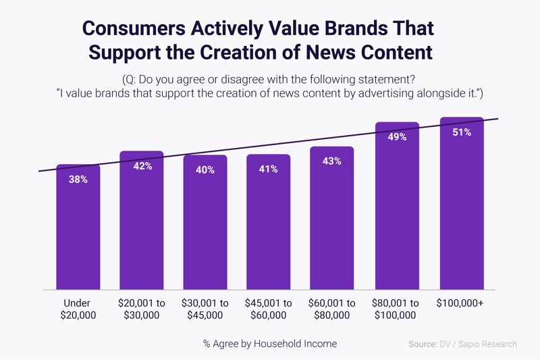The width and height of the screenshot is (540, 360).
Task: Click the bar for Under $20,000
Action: pos(78,230)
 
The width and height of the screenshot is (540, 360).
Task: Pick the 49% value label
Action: pos(398,137)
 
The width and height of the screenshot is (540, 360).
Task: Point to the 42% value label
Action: pos(142,165)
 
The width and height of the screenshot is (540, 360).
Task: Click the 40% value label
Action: pos(205,170)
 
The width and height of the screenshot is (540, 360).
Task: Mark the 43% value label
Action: pos(332,161)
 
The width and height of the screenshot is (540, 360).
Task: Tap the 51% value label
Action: pos(462,132)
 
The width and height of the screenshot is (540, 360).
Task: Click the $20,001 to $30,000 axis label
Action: pos(142,309)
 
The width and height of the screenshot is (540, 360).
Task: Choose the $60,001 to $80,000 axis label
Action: pos(332,309)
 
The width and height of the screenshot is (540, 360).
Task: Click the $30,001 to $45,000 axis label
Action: pos(205,309)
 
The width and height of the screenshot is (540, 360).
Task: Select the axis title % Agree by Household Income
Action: pos(270,344)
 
